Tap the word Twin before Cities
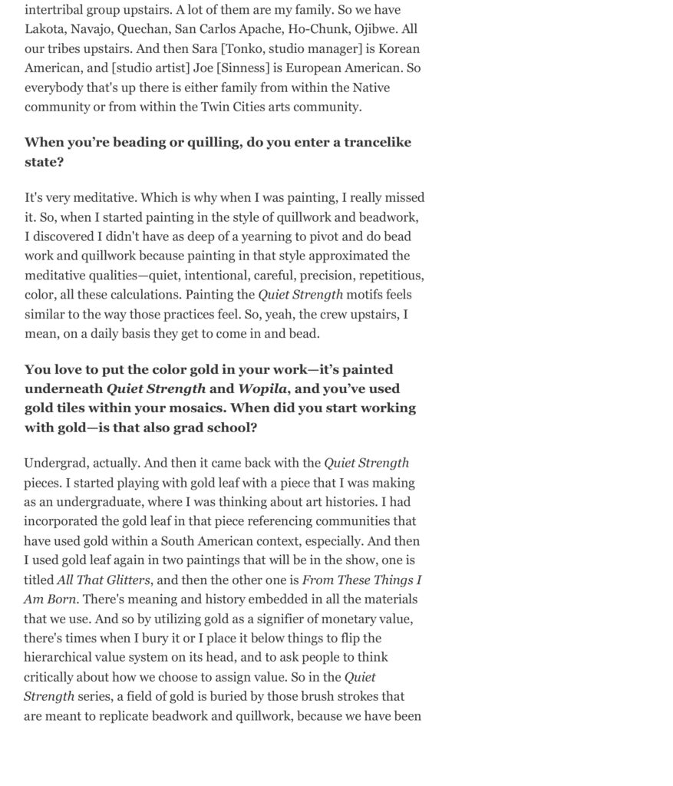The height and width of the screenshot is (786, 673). [216, 107]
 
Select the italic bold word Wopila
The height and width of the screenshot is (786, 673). [262, 388]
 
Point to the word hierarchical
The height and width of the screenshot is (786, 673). [65, 657]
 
